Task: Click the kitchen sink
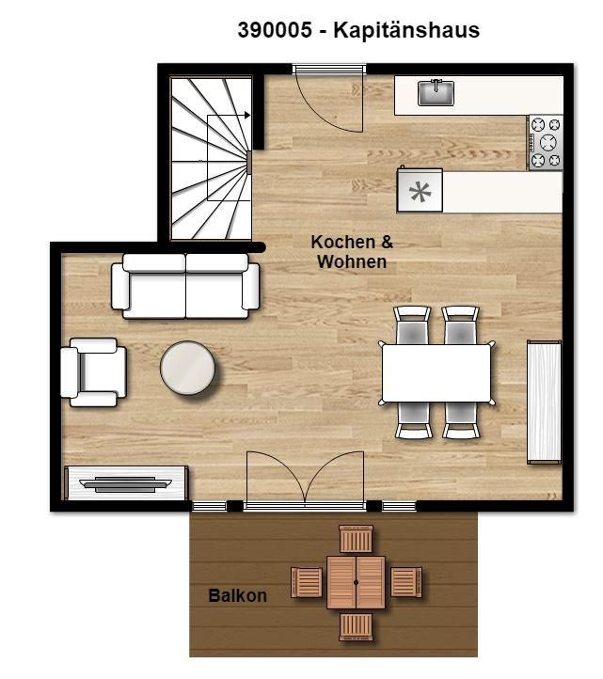tap(436, 93)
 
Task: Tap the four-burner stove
tap(546, 142)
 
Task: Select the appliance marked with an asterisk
tap(420, 191)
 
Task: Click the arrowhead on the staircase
tap(247, 115)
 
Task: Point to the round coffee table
tap(187, 368)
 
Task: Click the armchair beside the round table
tap(93, 372)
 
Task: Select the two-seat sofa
tap(185, 286)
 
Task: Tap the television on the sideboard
tap(126, 484)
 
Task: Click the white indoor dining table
tap(436, 372)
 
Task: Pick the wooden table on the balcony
tap(357, 582)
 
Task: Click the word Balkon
tap(237, 596)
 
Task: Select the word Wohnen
tap(352, 262)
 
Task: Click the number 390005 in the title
tap(275, 30)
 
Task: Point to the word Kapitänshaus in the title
tap(406, 31)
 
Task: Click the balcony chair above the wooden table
tap(357, 539)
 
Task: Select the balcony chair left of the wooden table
tap(307, 582)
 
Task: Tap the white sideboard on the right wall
tap(544, 403)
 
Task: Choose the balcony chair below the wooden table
tap(357, 626)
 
